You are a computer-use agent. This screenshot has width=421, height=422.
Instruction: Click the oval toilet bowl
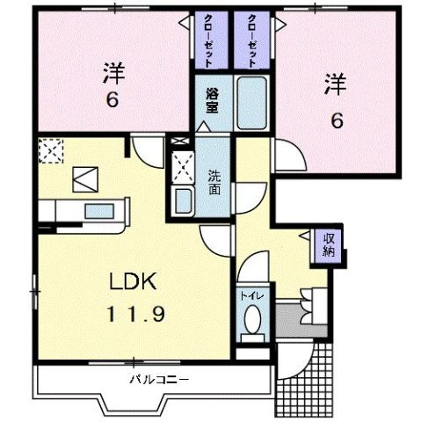252,321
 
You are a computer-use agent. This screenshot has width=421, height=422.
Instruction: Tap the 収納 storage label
329,244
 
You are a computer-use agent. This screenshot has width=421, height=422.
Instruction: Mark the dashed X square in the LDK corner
51,151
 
